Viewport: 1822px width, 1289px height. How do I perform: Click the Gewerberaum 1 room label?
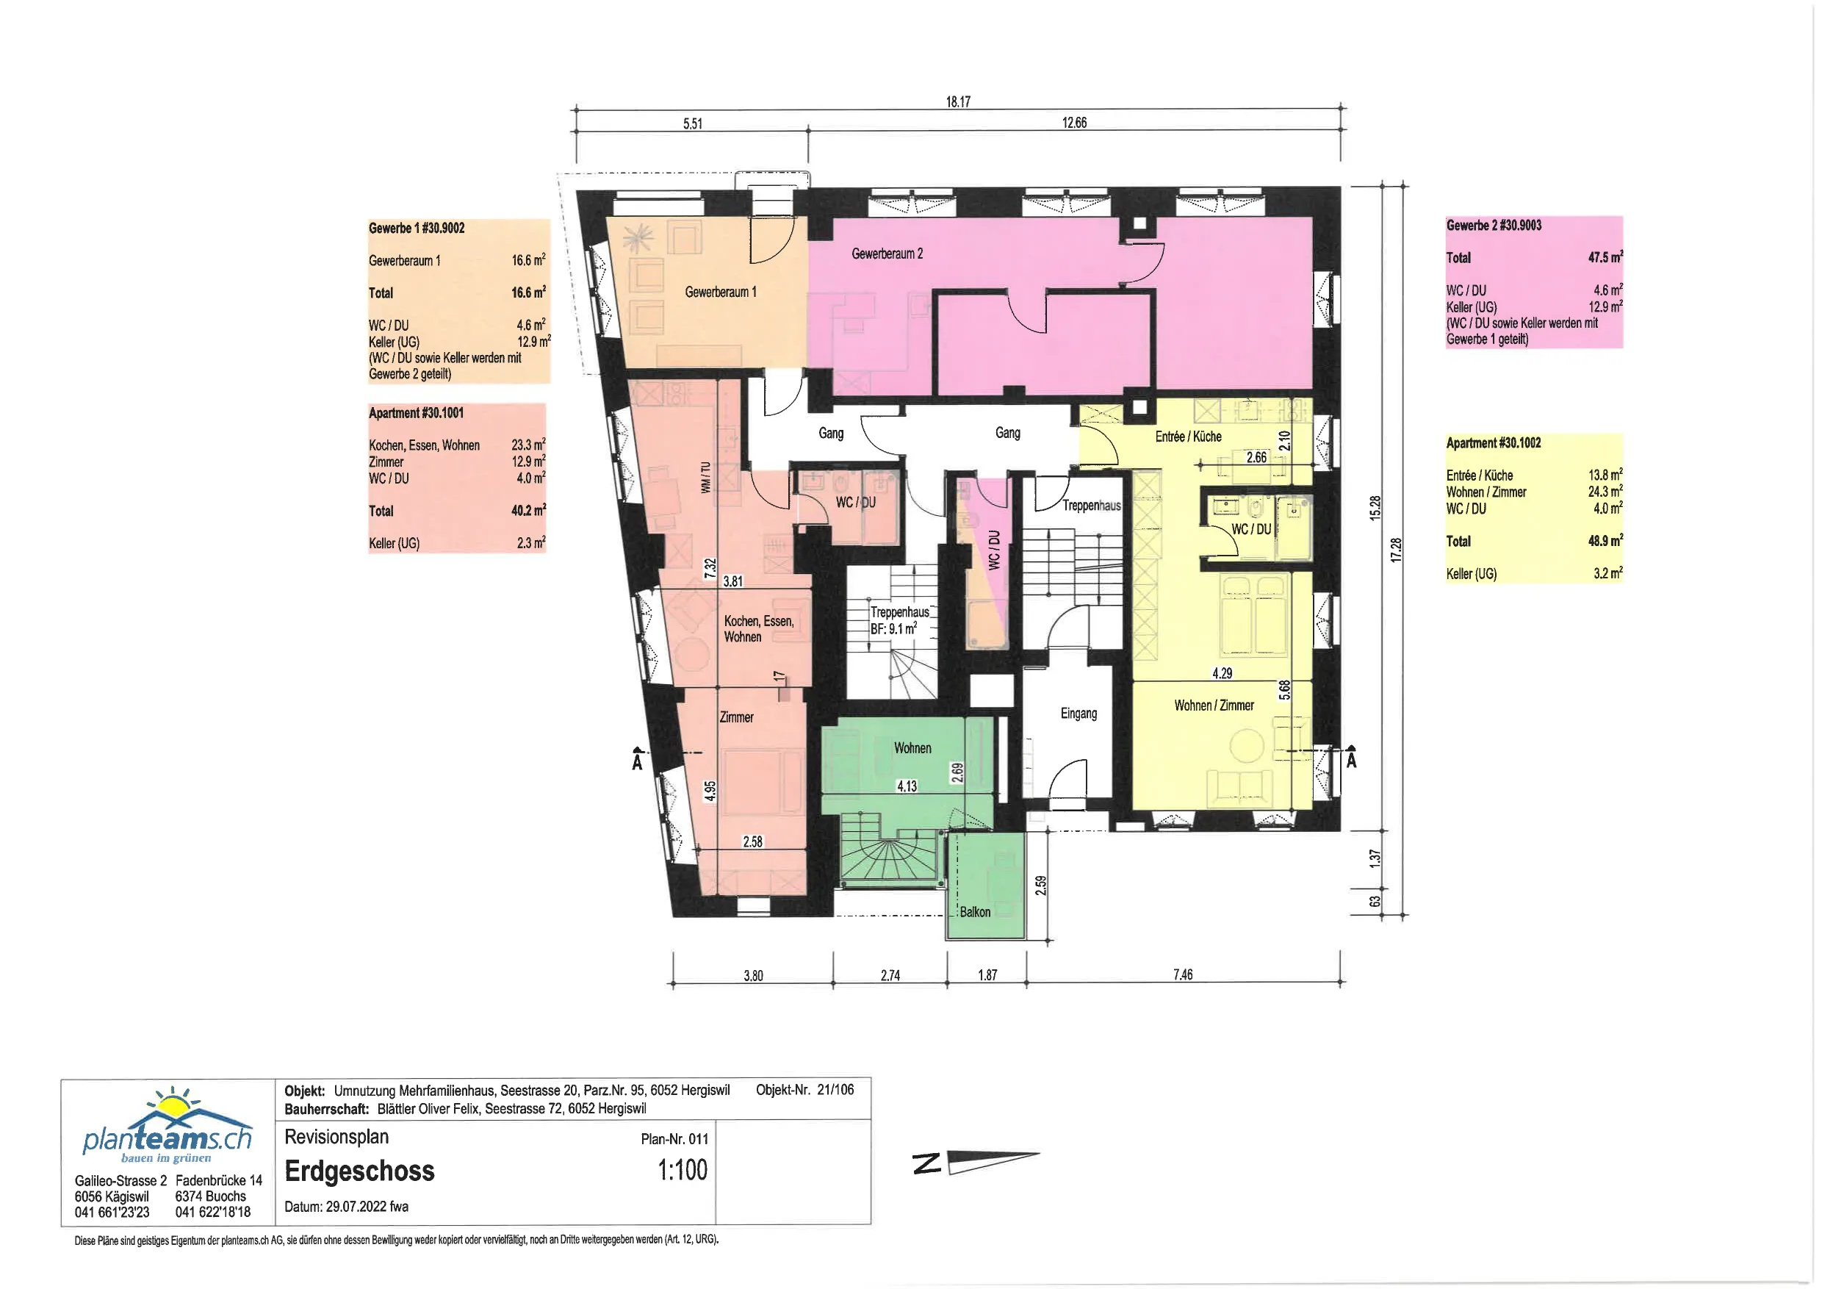coord(721,292)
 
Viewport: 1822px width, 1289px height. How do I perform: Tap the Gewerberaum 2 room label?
coord(887,254)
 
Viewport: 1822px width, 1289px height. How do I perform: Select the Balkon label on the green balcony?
coord(975,912)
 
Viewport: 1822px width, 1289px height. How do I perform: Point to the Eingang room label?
coord(1079,714)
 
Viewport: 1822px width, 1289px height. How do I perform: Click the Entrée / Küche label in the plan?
coord(1188,437)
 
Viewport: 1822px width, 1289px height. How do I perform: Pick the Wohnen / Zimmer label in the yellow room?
coord(1214,705)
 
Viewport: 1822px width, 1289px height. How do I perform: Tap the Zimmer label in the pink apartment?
coord(736,717)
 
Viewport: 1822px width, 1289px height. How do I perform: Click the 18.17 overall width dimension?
coord(958,101)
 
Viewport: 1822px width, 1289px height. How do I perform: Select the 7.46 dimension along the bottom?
coord(1182,974)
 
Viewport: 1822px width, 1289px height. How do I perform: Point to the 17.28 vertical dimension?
coord(1396,550)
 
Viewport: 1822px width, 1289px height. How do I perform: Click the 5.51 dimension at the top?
coord(693,123)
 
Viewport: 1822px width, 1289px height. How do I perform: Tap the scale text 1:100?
coord(683,1170)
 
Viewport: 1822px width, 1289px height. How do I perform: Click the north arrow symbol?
coord(976,1163)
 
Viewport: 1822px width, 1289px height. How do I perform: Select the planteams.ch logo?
coord(168,1124)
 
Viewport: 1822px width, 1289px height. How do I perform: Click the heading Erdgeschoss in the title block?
coord(359,1171)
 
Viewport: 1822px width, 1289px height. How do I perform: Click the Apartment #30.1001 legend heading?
coord(416,413)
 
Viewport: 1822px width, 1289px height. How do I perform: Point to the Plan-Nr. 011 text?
coord(674,1139)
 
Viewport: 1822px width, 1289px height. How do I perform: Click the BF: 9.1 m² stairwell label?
coord(893,628)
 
